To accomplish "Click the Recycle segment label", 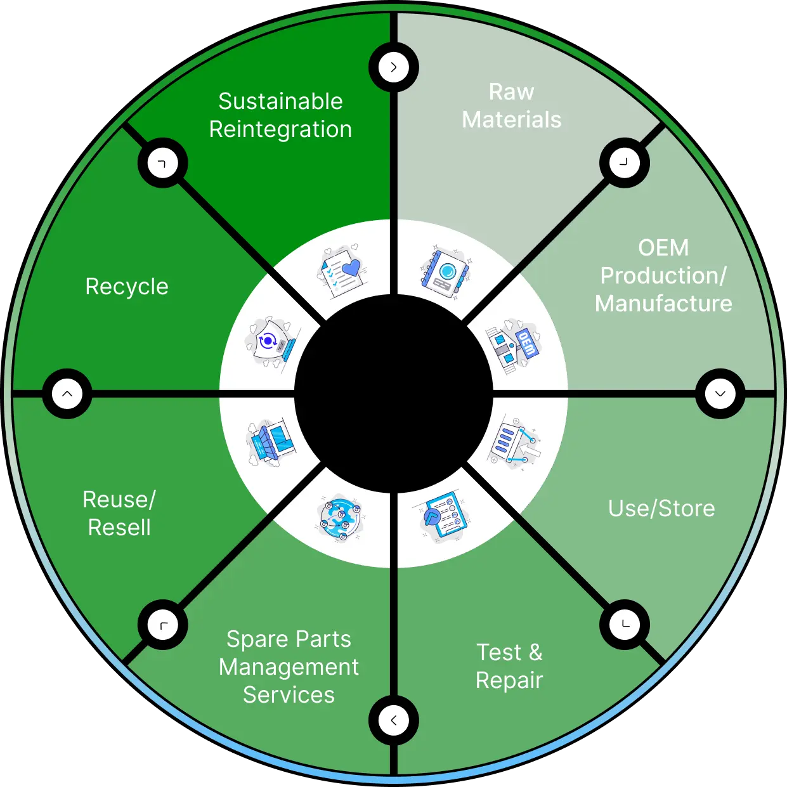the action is coord(127,287).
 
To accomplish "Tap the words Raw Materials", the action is coord(511,105).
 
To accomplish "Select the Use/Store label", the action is coord(661,509).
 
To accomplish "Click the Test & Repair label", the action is coord(509,665).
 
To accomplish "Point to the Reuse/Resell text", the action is coord(119,513).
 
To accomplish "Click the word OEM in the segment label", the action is coord(663,248).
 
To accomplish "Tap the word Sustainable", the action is coord(280,101).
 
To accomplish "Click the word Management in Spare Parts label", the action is coord(289,667).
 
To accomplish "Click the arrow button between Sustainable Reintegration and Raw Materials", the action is coord(394,67).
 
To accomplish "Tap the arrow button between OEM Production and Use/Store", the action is coord(720,394).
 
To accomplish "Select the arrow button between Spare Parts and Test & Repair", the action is coord(394,720).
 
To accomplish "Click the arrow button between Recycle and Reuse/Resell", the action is coord(67,394).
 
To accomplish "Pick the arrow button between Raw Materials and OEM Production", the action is coord(625,162).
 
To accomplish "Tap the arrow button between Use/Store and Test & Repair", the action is coord(625,625).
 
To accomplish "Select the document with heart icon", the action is coord(341,270).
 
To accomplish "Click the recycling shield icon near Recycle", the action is coord(271,343).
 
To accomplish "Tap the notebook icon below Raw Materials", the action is coord(446,271).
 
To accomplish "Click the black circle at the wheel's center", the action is coord(394,394).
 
